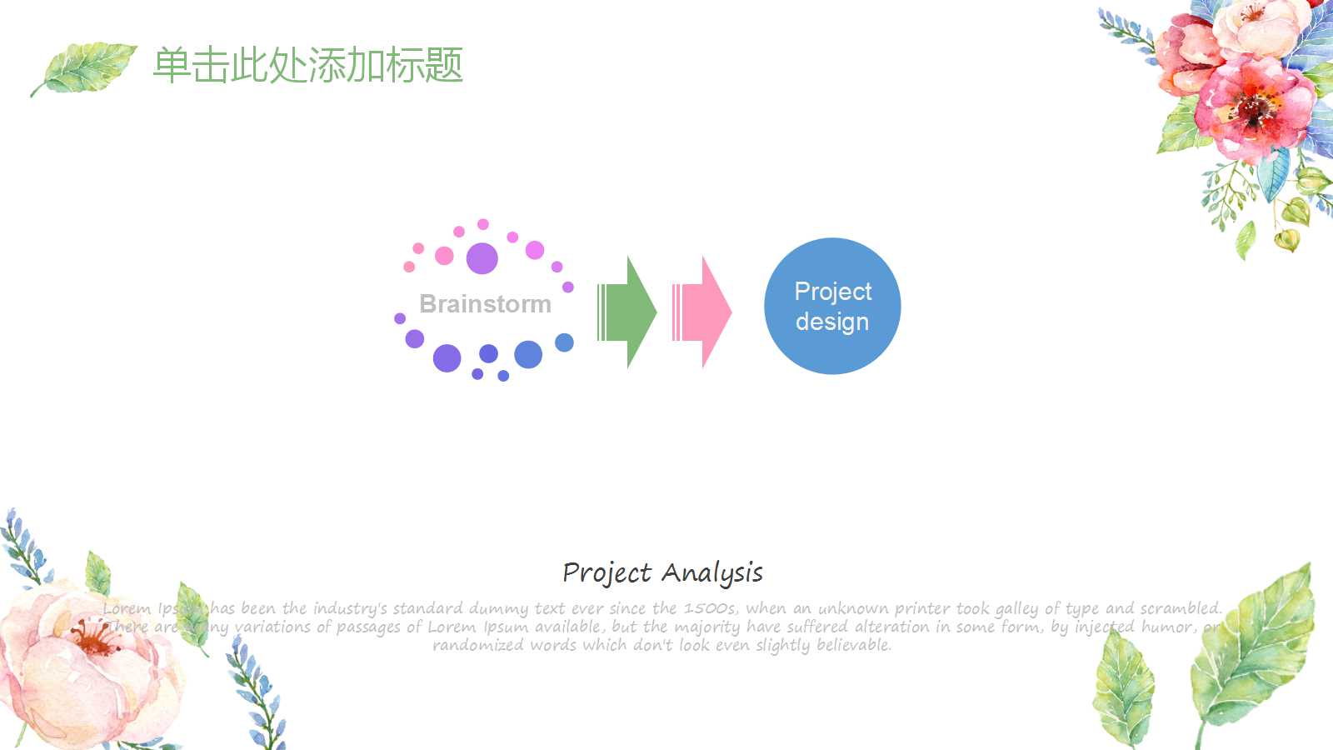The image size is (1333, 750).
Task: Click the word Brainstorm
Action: point(485,304)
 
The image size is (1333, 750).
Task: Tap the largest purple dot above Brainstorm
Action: point(482,258)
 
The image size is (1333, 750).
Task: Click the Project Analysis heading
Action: point(662,573)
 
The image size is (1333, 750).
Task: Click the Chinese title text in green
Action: point(307,65)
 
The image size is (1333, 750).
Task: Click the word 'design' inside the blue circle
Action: point(831,322)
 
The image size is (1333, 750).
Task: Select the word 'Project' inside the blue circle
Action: point(832,292)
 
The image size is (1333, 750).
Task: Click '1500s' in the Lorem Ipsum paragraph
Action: point(710,609)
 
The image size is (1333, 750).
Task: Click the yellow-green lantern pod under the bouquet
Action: point(1287,240)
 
